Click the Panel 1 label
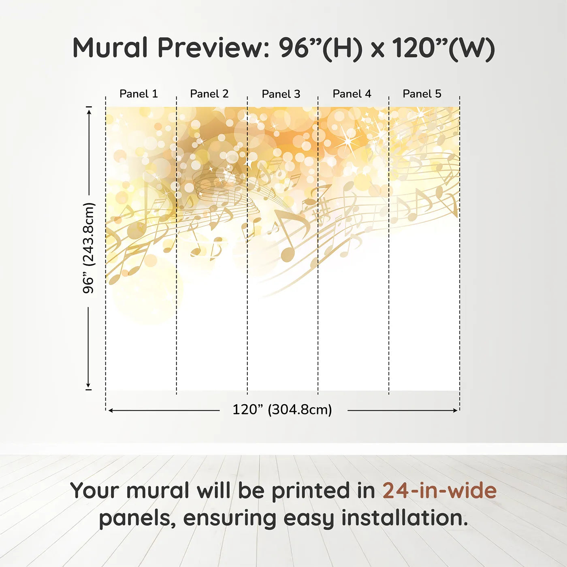tap(139, 94)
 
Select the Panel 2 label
tap(209, 94)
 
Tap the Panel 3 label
tap(281, 94)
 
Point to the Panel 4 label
tap(352, 94)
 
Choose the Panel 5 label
tap(422, 94)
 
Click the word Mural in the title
tap(110, 48)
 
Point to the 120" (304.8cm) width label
tap(282, 410)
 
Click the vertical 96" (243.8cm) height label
tap(89, 248)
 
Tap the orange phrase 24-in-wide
tap(439, 491)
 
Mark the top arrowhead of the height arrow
tap(89, 111)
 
